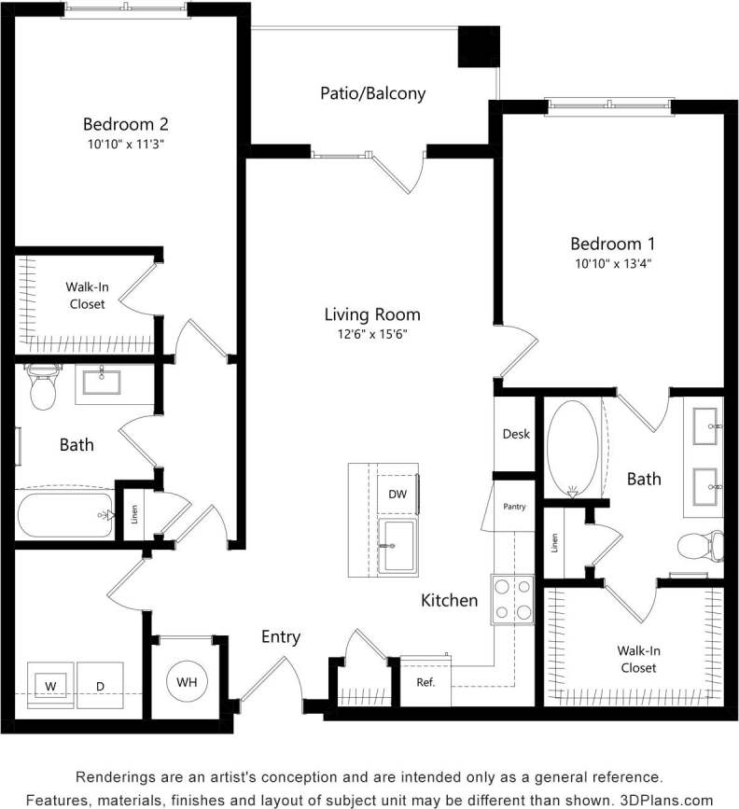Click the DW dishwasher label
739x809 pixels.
pos(396,493)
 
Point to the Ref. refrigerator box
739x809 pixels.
pos(426,682)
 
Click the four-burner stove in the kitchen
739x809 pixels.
pos(512,599)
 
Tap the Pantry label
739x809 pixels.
pos(513,508)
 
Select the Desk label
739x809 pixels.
pos(516,434)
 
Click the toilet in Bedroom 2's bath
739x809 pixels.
pos(43,387)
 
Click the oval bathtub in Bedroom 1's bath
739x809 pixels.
pos(572,447)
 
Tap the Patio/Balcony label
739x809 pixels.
pos(372,93)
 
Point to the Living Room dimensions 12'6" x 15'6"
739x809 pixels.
pos(372,334)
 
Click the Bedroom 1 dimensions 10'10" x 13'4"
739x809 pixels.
pos(613,263)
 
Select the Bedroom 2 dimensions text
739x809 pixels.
pos(125,144)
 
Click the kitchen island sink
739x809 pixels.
pos(399,545)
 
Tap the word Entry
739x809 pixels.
pos(280,637)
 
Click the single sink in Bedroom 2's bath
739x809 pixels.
pos(101,383)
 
